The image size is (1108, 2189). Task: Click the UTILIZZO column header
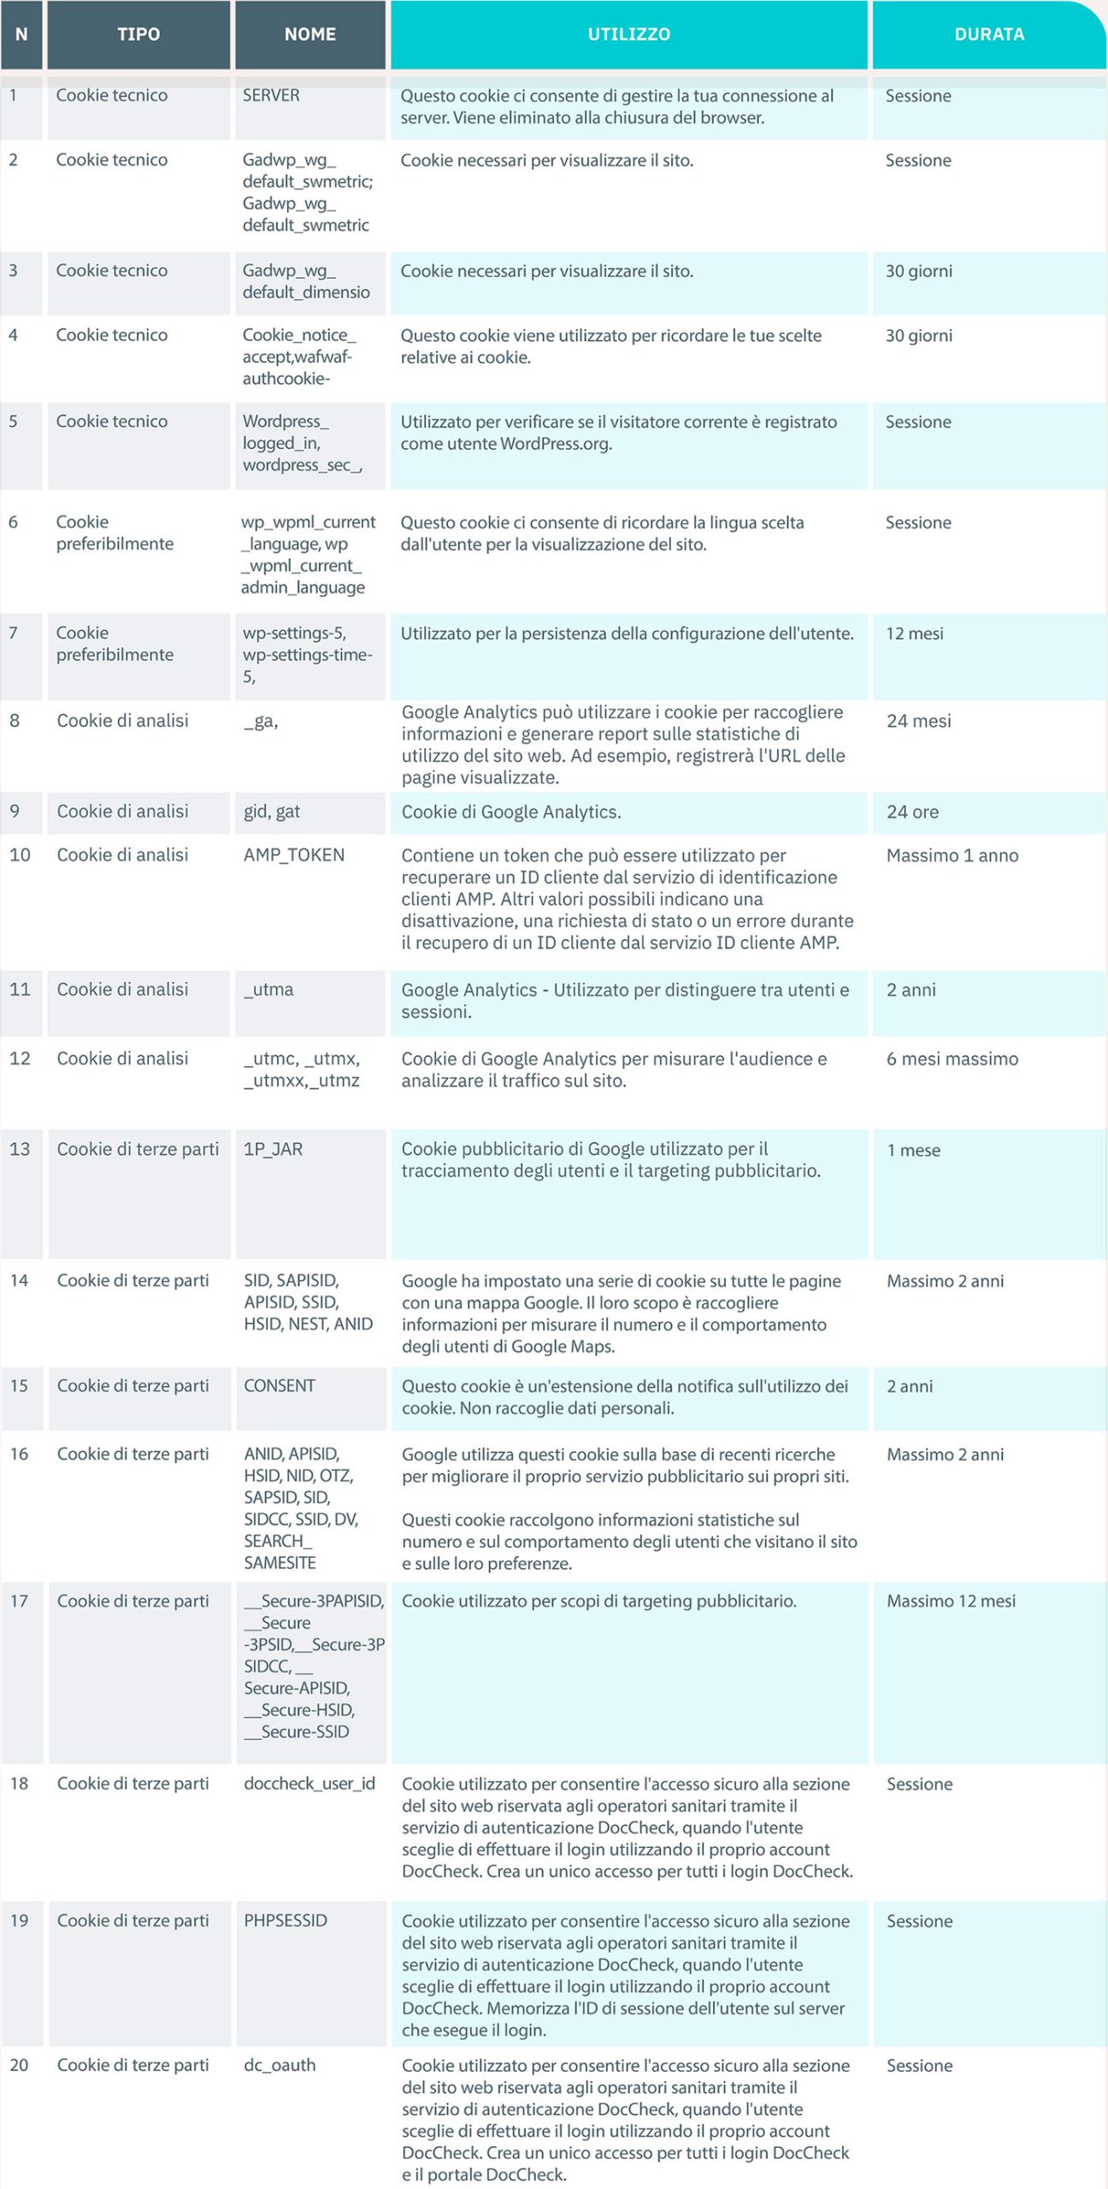click(x=628, y=34)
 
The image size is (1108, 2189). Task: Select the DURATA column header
click(x=988, y=34)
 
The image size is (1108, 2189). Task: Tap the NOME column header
click(x=309, y=34)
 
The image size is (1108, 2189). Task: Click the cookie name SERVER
click(x=271, y=96)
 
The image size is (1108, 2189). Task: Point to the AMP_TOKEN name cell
click(x=294, y=855)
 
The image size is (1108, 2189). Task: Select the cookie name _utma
click(x=268, y=989)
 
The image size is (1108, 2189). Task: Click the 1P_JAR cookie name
click(x=273, y=1149)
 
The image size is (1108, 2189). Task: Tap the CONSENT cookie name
click(x=280, y=1386)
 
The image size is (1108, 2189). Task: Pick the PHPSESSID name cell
click(x=286, y=1921)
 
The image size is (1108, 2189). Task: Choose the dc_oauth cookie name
click(x=280, y=2065)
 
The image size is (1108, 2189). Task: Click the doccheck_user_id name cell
click(x=309, y=1784)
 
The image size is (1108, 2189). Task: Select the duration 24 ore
click(x=912, y=812)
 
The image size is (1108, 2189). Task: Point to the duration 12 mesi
click(x=915, y=634)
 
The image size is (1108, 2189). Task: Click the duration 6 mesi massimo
click(x=952, y=1059)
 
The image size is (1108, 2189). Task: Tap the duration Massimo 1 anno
click(x=952, y=856)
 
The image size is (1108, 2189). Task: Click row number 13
click(x=20, y=1149)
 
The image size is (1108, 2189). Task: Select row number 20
click(x=20, y=2065)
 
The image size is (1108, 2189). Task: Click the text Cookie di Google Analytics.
click(x=511, y=812)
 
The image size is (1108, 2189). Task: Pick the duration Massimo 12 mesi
click(x=951, y=1602)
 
